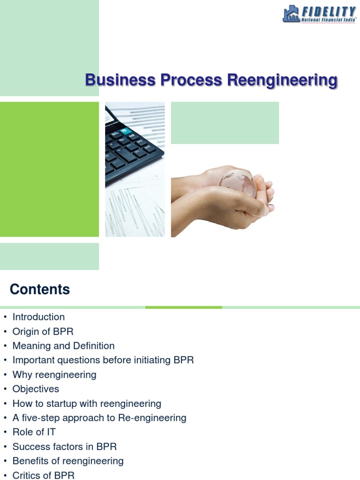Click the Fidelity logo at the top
[x=319, y=14]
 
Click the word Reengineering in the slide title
[x=282, y=81]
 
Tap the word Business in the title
[x=120, y=81]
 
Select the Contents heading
[x=40, y=290]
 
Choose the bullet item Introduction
[x=38, y=317]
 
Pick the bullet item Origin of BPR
[x=43, y=331]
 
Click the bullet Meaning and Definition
[x=63, y=346]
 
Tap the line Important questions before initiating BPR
[x=103, y=360]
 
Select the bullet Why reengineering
[x=54, y=375]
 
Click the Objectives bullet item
[x=36, y=389]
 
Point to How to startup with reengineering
[x=87, y=404]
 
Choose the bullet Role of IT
[x=34, y=432]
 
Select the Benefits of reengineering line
[x=68, y=461]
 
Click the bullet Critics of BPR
[x=43, y=475]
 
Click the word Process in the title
[x=191, y=81]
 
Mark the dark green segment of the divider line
[x=184, y=307]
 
